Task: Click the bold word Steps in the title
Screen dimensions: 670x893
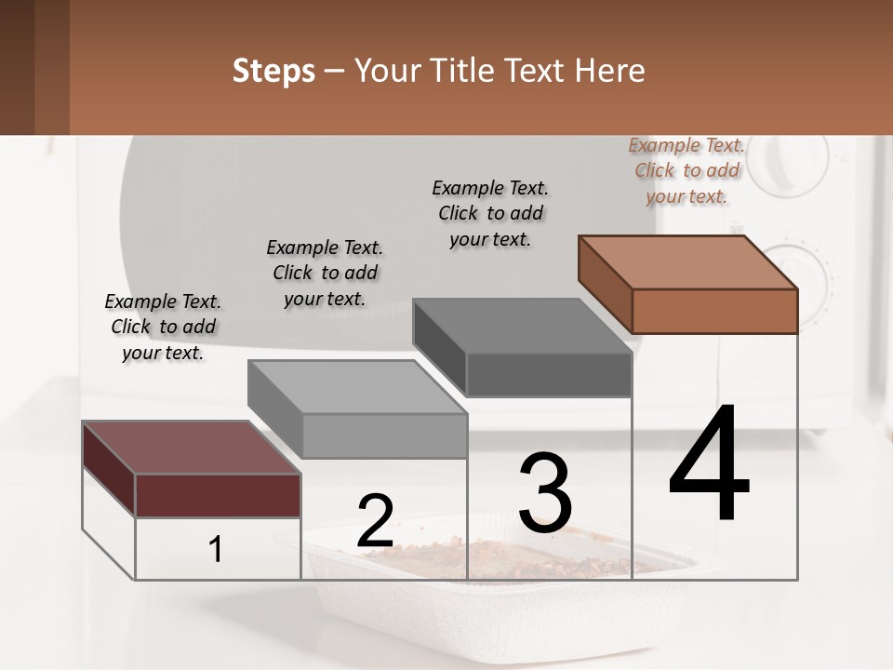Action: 273,71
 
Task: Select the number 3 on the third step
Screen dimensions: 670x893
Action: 545,494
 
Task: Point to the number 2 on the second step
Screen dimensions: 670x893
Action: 375,520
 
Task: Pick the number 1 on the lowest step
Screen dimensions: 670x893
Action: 216,550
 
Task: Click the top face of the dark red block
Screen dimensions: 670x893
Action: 191,448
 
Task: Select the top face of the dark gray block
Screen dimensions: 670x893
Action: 522,326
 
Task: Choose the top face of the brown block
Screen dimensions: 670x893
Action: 688,262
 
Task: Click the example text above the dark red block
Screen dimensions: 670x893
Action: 163,327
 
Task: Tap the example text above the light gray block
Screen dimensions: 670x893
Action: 325,273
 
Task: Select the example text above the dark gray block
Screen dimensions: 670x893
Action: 490,213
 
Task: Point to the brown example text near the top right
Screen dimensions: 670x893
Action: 686,170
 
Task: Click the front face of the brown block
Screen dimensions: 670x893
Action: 714,311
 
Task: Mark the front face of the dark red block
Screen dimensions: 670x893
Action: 218,495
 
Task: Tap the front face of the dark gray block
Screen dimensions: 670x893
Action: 549,375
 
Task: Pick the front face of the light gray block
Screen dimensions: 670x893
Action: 384,435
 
